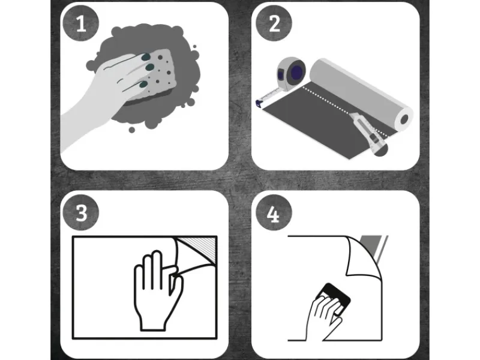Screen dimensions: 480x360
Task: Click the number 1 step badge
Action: [81, 23]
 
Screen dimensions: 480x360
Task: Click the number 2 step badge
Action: [274, 23]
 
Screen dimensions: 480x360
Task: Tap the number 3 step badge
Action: [81, 212]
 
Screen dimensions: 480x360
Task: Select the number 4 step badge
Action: [274, 212]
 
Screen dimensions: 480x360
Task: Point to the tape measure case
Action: [291, 73]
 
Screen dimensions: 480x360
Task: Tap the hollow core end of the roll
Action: [404, 119]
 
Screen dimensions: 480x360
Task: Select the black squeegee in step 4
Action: [335, 298]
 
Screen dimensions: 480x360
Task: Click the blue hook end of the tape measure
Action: [259, 103]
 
